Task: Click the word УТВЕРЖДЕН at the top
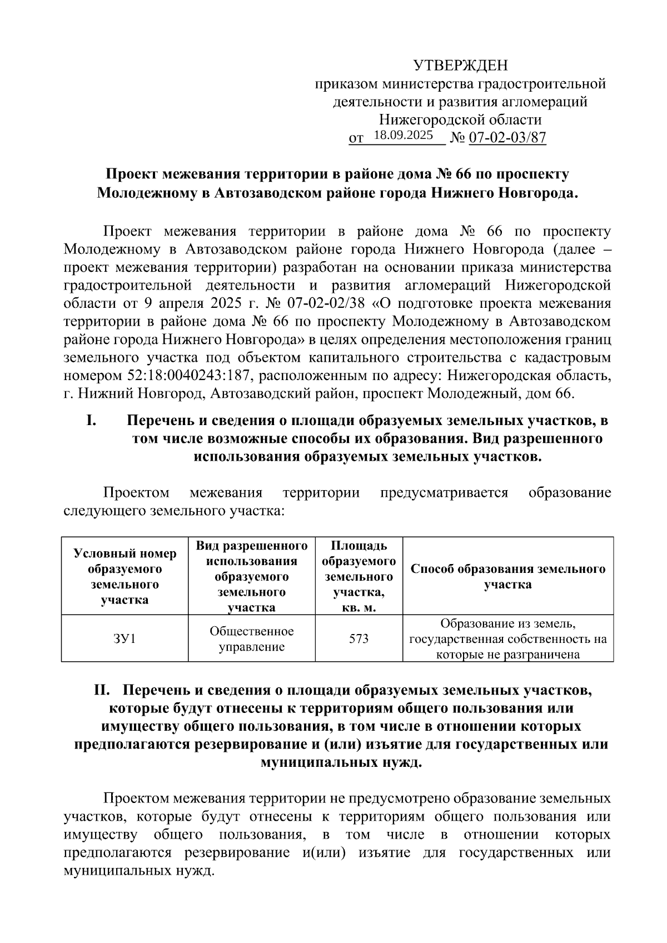(461, 66)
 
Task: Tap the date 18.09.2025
(404, 135)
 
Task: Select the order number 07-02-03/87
(507, 137)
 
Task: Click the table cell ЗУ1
(125, 638)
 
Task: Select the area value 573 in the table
(359, 638)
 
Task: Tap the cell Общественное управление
(252, 638)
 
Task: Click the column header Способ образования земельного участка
(507, 576)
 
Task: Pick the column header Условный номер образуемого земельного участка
(125, 576)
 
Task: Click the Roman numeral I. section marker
(92, 421)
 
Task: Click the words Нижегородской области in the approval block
(460, 119)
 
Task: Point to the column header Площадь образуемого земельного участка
(359, 576)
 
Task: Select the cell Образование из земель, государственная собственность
(507, 638)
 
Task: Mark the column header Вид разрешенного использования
(252, 576)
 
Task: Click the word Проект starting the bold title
(131, 174)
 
